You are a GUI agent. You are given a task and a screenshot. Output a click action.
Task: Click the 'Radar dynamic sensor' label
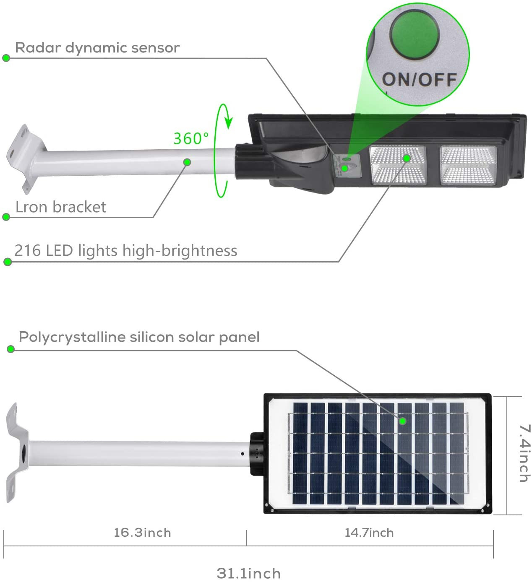tap(97, 48)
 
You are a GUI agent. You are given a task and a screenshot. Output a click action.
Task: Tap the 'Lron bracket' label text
tap(61, 207)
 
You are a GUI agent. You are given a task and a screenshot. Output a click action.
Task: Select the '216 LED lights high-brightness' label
tap(126, 251)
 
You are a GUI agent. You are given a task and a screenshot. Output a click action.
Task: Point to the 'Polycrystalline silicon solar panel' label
tap(139, 337)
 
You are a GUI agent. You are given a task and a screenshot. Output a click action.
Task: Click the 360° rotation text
tap(191, 138)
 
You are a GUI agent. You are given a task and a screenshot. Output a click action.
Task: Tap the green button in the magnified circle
tap(415, 33)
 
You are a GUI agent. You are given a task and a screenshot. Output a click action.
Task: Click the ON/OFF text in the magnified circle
tap(419, 79)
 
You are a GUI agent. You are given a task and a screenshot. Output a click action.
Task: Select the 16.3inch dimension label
tap(142, 533)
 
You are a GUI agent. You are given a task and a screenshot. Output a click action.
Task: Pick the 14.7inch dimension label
tap(369, 533)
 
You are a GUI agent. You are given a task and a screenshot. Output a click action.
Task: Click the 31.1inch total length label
tap(249, 573)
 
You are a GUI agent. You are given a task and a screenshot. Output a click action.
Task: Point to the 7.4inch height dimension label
tap(525, 453)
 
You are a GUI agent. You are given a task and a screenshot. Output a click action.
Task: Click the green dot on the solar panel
tap(403, 421)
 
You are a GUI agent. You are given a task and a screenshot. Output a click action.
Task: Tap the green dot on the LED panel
tap(407, 158)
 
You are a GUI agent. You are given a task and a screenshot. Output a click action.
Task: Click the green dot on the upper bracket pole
tap(188, 162)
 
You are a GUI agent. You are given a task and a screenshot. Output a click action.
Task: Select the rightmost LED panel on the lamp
tap(467, 165)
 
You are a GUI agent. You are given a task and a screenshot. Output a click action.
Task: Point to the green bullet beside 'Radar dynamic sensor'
tap(6, 58)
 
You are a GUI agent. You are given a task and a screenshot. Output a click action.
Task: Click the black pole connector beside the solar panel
tap(256, 454)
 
